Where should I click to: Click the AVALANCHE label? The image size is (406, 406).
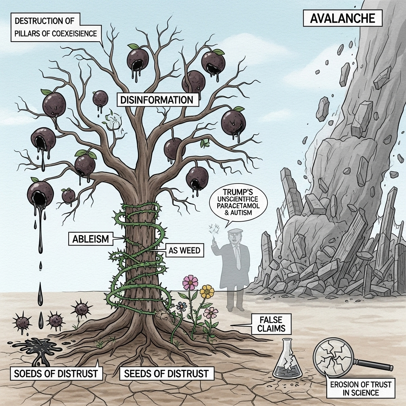pos(342,18)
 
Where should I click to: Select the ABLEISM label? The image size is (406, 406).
pos(91,239)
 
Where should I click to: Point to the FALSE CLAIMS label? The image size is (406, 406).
pos(271,324)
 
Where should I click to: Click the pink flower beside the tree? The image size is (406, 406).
pos(190,282)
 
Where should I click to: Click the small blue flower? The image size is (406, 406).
pos(182,306)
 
